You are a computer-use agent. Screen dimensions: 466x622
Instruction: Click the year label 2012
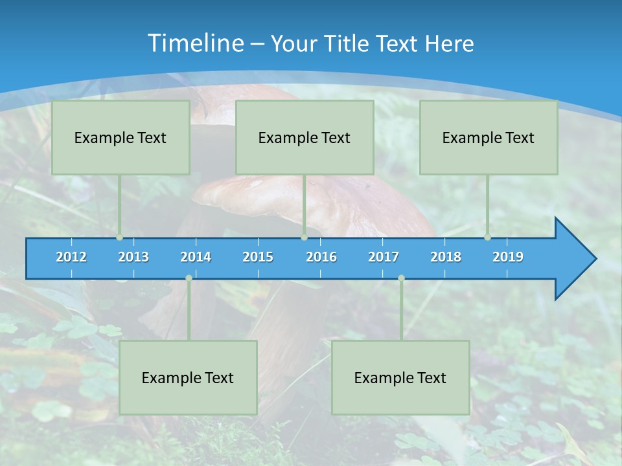[x=71, y=257]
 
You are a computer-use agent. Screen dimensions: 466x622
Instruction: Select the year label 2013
[x=133, y=257]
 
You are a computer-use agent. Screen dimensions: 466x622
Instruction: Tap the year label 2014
[x=196, y=257]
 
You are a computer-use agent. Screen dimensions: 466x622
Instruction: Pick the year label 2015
[x=258, y=257]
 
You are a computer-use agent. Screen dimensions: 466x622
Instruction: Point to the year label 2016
[x=321, y=257]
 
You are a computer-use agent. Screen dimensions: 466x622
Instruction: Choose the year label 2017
[x=384, y=257]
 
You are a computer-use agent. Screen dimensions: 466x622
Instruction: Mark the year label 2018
[x=446, y=257]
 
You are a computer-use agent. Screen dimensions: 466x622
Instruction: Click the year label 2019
[x=508, y=257]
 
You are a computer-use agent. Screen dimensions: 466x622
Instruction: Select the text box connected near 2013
[x=121, y=137]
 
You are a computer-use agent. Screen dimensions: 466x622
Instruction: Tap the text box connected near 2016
[x=305, y=137]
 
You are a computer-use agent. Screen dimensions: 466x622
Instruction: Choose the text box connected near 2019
[x=489, y=137]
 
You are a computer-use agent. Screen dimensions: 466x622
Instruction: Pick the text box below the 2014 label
[x=188, y=377]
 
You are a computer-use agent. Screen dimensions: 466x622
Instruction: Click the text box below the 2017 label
[x=400, y=377]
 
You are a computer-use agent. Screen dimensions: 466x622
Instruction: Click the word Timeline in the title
[x=194, y=43]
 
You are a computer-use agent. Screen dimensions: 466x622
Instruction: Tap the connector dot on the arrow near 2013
[x=120, y=237]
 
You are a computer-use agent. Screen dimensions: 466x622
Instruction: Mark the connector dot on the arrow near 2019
[x=487, y=237]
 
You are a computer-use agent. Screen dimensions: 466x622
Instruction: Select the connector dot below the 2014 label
[x=189, y=278]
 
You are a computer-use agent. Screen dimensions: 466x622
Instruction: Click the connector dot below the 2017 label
[x=401, y=278]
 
